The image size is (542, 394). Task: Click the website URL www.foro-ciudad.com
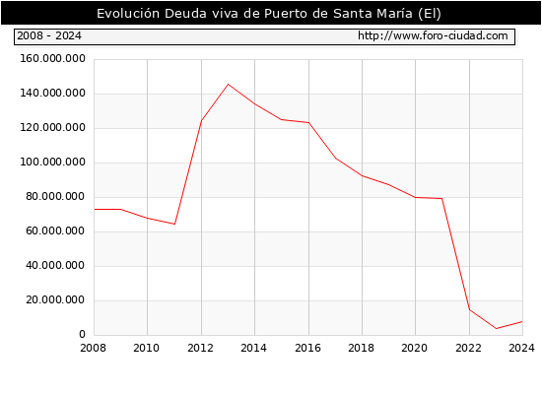433,35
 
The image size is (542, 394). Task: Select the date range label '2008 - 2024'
49,35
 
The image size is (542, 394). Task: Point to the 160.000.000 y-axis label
52,59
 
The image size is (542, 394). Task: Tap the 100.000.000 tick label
52,163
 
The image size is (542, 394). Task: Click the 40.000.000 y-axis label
55,265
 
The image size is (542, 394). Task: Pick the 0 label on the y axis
82,334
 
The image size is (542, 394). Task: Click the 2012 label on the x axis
200,348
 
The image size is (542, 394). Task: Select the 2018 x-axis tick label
362,348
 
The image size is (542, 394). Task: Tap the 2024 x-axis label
521,348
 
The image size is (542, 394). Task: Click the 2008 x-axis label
94,348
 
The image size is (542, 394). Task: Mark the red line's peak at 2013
228,85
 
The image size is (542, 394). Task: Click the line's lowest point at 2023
496,328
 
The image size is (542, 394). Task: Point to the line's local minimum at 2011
174,224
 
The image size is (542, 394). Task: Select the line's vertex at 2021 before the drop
442,198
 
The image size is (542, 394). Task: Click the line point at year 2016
308,123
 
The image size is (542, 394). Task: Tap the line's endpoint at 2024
522,322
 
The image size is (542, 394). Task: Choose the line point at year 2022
469,309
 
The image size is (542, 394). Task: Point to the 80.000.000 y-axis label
55,197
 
